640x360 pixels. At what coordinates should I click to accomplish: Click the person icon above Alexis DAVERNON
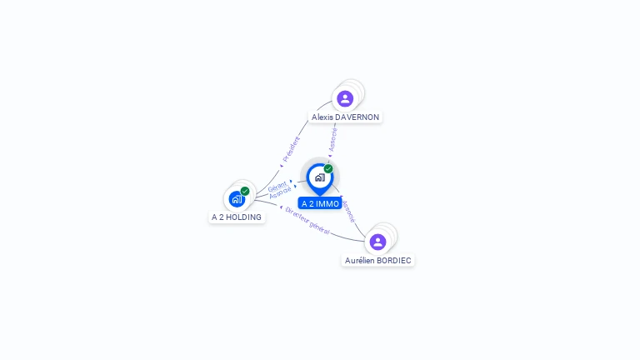345,98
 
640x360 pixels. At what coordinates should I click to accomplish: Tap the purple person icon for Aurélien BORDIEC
377,242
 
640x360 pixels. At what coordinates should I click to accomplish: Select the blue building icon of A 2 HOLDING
237,199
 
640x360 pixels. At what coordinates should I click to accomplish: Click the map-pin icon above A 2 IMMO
319,177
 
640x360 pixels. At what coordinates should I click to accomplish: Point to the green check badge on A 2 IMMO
328,169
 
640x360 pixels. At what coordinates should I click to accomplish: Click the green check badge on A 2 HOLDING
245,191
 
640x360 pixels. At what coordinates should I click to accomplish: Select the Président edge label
292,148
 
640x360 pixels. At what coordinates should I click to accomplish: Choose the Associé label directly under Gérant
280,192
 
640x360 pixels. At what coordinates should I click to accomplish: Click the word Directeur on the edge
297,213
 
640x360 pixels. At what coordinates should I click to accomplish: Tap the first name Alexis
322,117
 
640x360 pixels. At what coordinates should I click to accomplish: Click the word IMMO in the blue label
327,204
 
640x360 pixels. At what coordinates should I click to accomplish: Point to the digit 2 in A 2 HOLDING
221,217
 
